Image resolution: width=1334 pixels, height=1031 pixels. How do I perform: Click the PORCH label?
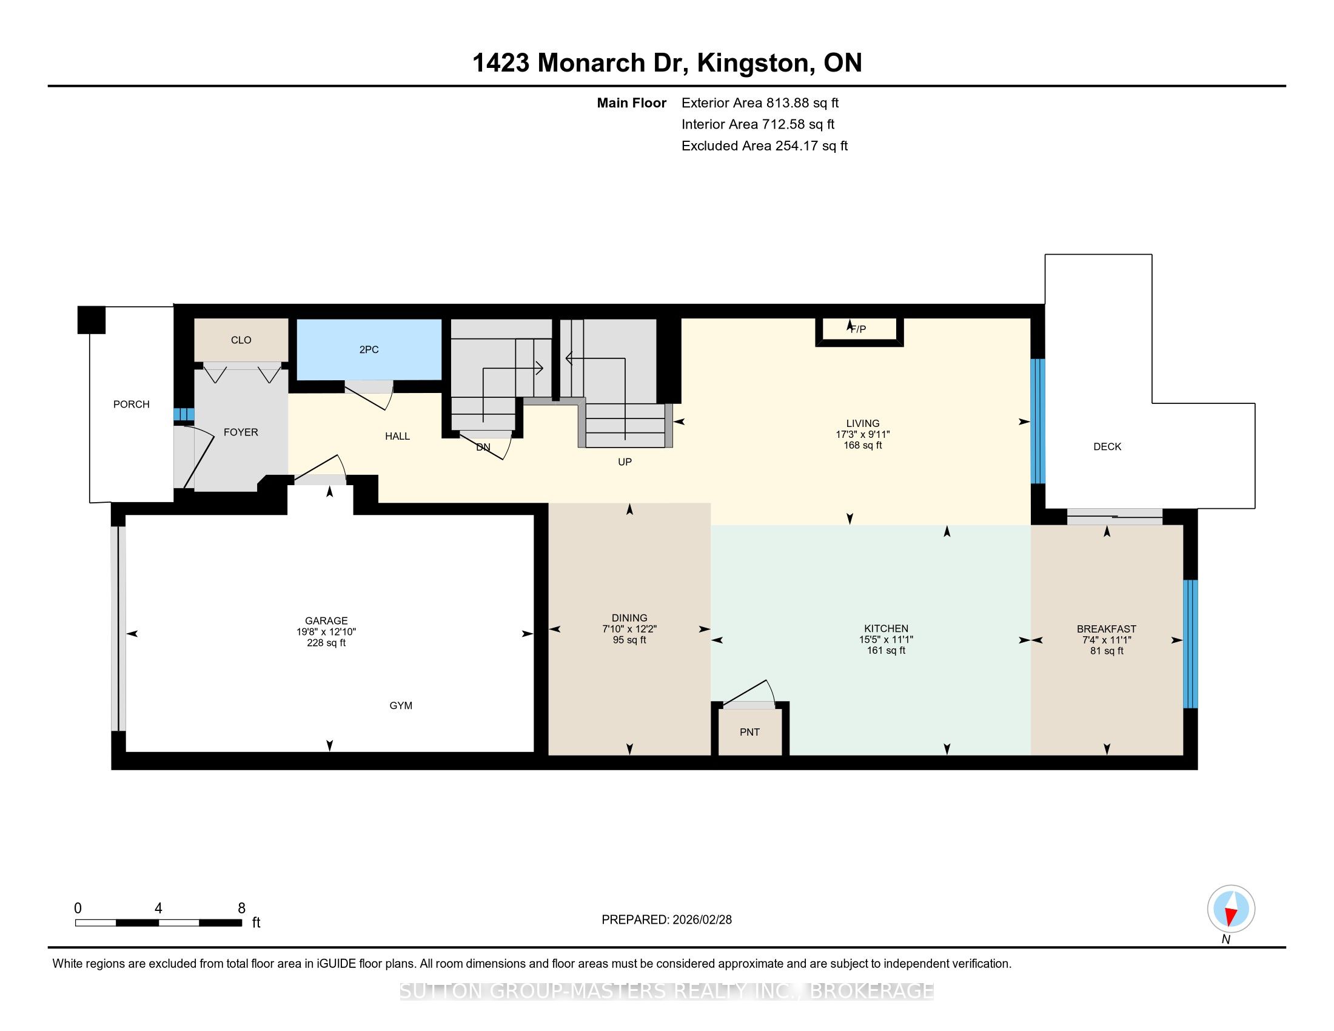(x=132, y=405)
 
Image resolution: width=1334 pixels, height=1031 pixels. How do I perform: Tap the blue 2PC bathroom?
(x=369, y=349)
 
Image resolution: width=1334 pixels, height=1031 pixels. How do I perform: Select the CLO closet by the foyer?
(x=241, y=340)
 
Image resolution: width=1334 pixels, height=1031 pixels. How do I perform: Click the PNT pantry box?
(x=750, y=733)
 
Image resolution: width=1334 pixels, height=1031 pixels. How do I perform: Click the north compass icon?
(x=1231, y=909)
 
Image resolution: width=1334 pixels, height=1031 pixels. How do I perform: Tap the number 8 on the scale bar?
(x=241, y=908)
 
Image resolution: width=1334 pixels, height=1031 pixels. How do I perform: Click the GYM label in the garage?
(x=401, y=705)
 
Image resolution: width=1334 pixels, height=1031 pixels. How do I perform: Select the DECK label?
(x=1107, y=446)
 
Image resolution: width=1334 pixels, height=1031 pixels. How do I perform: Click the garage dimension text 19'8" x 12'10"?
(x=326, y=632)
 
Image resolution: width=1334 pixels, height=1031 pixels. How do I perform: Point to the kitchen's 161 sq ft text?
(x=887, y=651)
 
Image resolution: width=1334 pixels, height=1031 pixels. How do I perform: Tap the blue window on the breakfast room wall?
(x=1190, y=643)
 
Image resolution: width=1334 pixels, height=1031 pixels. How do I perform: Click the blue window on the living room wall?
(x=1037, y=421)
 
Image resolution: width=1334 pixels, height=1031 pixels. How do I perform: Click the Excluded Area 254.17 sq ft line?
(x=765, y=146)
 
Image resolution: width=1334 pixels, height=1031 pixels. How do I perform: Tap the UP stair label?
(x=624, y=462)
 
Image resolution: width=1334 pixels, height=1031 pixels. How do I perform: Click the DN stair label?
(x=483, y=447)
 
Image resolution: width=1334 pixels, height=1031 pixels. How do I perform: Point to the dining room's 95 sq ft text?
(x=629, y=640)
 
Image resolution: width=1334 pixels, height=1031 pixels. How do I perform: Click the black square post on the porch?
(x=91, y=320)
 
